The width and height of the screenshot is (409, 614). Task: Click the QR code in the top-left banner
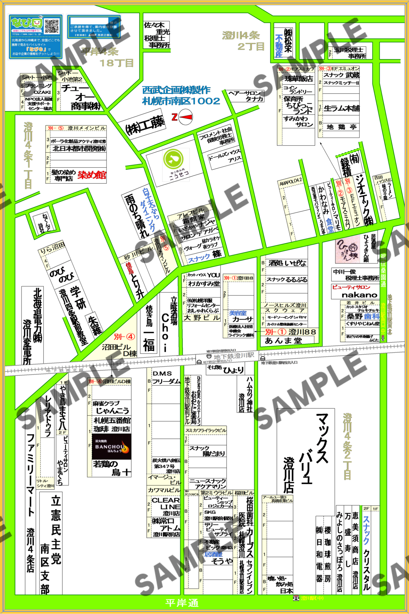52,26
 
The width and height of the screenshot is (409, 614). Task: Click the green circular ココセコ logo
173,159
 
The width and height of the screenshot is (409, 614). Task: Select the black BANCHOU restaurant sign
111,447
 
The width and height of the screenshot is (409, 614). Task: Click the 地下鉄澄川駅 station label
234,356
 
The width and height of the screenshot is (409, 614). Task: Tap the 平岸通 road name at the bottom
182,603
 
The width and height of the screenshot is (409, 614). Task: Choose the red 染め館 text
92,175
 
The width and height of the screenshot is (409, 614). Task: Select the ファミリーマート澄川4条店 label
30,504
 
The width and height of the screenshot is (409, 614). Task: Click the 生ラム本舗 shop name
341,108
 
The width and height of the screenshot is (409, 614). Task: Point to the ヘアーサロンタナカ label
246,96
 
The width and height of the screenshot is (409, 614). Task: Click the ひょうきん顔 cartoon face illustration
347,249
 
